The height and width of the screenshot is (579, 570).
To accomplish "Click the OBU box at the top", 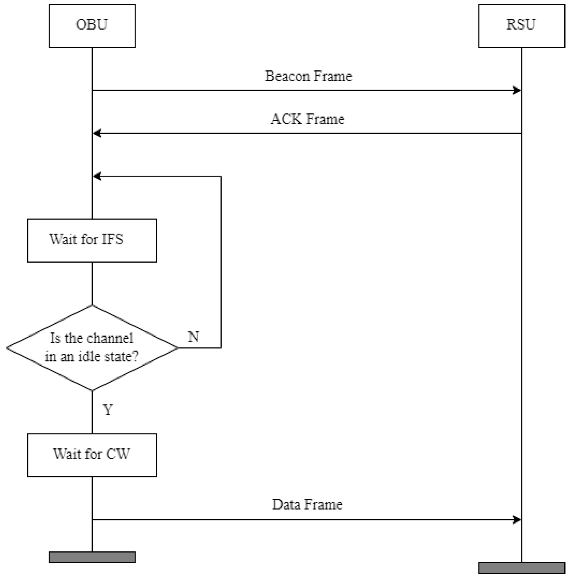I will [x=92, y=25].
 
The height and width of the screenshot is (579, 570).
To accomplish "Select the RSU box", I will [x=521, y=25].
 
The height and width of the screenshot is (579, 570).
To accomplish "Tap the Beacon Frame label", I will [x=308, y=76].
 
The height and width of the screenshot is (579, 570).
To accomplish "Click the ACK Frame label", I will [x=308, y=119].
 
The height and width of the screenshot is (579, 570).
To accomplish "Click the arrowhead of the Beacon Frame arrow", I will [x=517, y=90].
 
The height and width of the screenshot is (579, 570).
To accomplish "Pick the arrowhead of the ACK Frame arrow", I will [x=97, y=133].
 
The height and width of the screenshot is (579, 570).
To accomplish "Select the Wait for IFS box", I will [x=92, y=240].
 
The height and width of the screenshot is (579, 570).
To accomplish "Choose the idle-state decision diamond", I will [x=92, y=348].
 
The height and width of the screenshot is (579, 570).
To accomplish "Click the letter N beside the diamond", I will [x=193, y=337].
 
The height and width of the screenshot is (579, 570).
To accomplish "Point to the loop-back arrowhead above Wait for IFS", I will [x=97, y=176].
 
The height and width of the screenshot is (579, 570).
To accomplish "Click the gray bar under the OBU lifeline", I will [x=92, y=557].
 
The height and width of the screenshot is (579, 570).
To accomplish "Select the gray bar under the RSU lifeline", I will [x=521, y=568].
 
